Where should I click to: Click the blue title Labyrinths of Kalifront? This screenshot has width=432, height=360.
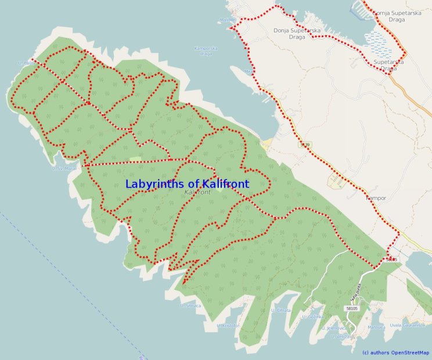(187, 184)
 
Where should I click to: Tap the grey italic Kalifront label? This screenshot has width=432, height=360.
(197, 192)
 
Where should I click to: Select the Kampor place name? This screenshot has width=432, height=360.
(376, 198)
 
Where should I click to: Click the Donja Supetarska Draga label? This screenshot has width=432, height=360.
(297, 30)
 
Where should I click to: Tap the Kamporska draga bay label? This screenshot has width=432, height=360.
(206, 51)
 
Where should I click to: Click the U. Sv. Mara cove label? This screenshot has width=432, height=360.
(64, 168)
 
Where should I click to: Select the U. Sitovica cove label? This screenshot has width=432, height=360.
(190, 305)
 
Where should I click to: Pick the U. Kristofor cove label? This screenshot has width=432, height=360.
(228, 326)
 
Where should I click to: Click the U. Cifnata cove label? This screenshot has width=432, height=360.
(280, 311)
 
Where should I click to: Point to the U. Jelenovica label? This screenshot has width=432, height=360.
(334, 328)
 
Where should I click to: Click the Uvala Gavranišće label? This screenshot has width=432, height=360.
(404, 325)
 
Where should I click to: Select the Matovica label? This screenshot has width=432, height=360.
(376, 327)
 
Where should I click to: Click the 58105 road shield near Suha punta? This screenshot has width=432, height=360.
(351, 308)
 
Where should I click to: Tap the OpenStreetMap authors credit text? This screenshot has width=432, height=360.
(395, 352)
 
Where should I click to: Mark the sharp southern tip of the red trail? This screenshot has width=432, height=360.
(183, 284)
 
